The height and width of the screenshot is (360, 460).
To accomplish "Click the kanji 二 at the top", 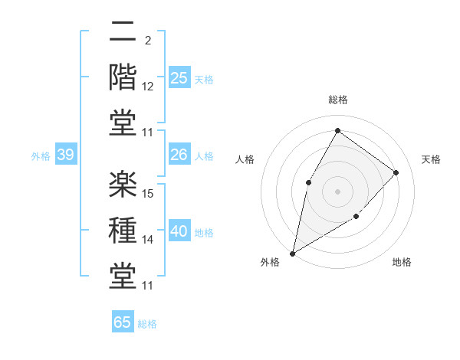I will pos(123,33).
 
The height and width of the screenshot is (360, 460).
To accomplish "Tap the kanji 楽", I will pos(123,183).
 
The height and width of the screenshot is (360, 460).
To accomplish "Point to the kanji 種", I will pos(123,229).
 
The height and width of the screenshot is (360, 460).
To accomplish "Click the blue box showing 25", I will pos(179,78).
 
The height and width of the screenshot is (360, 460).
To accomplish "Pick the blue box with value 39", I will pos(65,155).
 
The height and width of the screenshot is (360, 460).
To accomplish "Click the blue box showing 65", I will pos(123,322).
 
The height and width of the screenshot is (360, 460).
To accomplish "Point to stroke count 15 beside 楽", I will pos(149,193).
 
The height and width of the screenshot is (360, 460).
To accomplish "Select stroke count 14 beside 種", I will pos(149,240).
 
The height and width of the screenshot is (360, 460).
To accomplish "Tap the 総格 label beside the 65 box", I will pos(148,324).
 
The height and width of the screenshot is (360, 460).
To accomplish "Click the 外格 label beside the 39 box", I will pos(41,156).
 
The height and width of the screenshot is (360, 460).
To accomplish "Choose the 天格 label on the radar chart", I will pos(431,159).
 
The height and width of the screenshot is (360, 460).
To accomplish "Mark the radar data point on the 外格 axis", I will pos(293,253).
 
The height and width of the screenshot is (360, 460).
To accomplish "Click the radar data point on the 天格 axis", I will pos(396,172).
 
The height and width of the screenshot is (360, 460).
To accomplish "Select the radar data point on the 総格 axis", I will pos(337,130).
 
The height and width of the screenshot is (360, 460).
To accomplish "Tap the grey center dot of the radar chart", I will pos(337,191).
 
